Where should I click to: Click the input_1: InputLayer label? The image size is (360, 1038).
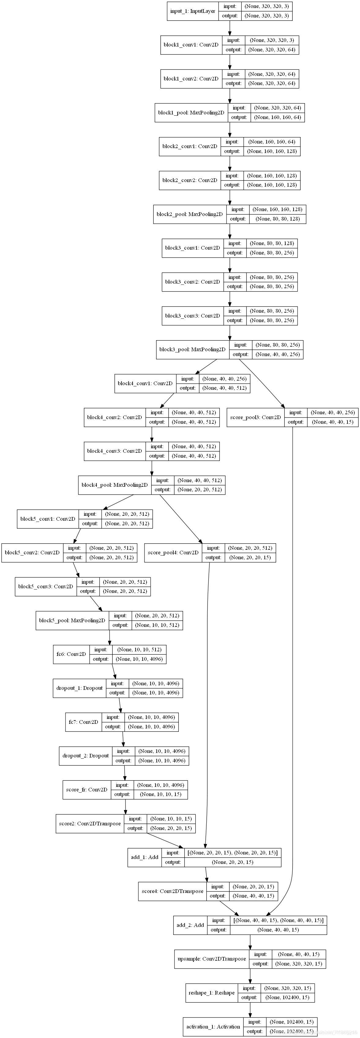(x=193, y=11)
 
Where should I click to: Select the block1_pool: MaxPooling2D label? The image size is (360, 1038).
(x=191, y=112)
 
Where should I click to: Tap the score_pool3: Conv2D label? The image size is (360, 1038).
(x=255, y=417)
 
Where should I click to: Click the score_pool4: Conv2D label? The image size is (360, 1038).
(x=173, y=552)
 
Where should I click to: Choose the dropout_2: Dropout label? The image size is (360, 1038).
(x=85, y=756)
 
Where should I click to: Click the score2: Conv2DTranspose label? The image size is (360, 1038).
(x=89, y=823)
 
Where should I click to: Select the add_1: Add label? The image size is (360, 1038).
(x=144, y=857)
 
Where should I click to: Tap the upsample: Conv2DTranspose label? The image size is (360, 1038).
(x=212, y=959)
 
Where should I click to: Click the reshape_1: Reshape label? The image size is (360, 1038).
(x=211, y=992)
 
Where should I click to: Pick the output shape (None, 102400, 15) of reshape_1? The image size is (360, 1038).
(x=287, y=997)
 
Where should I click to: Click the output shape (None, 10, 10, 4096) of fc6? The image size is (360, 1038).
(x=139, y=659)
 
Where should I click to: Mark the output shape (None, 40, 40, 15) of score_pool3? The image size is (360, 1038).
(x=332, y=422)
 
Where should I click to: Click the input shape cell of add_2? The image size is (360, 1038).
(x=278, y=920)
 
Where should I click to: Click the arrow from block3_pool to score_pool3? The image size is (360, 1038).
(x=262, y=383)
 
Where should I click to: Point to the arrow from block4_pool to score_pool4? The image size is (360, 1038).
(x=181, y=518)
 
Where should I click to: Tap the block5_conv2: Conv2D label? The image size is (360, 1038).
(x=32, y=552)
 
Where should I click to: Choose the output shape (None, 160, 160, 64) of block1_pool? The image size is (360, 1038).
(x=277, y=117)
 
